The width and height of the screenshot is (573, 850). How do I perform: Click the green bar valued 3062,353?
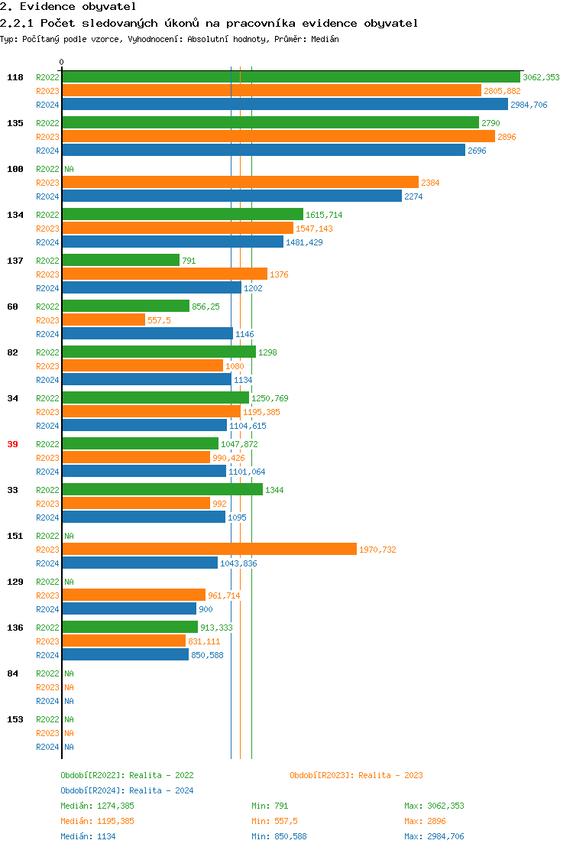click(290, 77)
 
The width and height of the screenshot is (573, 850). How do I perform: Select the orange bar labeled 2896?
click(278, 137)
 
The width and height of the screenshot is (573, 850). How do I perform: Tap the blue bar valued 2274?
click(231, 196)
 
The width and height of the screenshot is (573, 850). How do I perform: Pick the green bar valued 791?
click(121, 261)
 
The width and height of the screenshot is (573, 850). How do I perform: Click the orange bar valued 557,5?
click(103, 320)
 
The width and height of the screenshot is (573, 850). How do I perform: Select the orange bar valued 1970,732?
click(209, 550)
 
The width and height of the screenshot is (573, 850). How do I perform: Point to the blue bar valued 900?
click(129, 609)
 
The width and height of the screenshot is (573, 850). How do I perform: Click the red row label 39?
click(12, 444)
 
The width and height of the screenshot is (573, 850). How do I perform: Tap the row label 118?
click(15, 77)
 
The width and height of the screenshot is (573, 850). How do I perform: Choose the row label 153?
click(15, 719)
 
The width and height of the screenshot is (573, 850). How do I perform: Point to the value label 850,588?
click(207, 655)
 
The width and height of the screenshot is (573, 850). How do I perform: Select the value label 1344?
click(274, 490)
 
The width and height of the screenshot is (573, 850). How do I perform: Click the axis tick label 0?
click(62, 63)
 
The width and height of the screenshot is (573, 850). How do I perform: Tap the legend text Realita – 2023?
click(390, 775)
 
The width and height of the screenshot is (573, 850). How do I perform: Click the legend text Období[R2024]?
click(93, 790)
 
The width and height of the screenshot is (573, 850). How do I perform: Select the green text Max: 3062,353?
click(434, 806)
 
